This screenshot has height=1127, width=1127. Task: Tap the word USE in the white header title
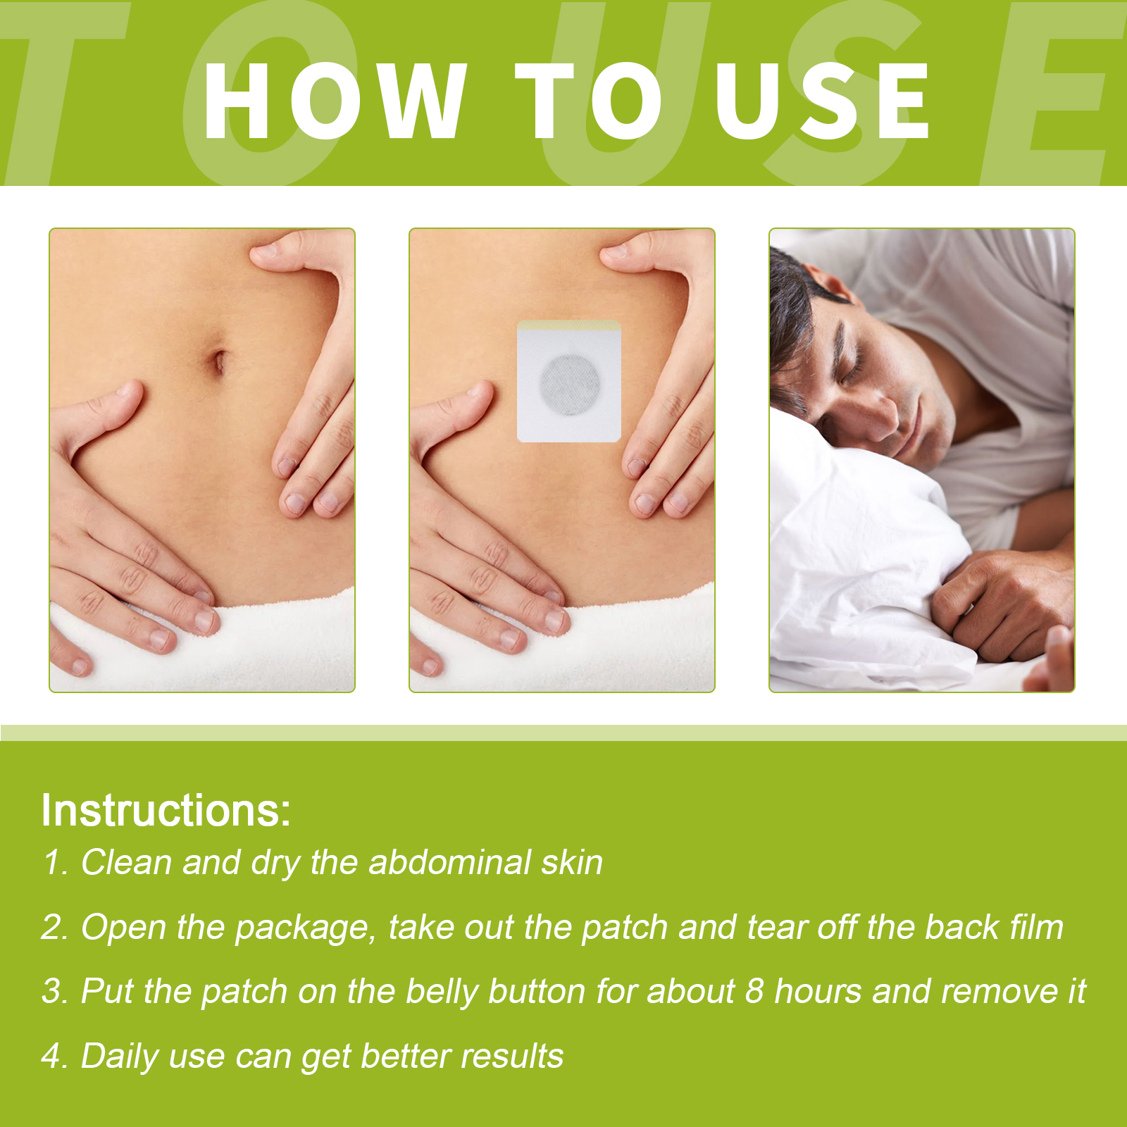coord(823,101)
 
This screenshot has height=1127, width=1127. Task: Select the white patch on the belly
coord(569,381)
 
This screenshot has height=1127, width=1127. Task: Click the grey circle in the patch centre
coord(571,384)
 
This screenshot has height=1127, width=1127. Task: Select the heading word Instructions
coord(166,810)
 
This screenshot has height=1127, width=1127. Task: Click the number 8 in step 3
coord(754,992)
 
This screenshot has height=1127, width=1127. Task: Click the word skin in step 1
coord(572,862)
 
